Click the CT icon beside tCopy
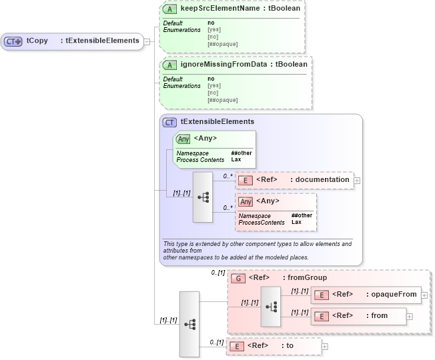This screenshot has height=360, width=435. click(13, 41)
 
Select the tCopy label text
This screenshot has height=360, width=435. click(37, 41)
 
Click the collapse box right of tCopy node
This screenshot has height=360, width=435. click(147, 41)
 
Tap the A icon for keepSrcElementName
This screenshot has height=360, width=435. click(171, 9)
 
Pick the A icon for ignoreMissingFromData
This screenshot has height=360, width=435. click(171, 65)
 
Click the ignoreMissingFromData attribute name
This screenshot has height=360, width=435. click(226, 65)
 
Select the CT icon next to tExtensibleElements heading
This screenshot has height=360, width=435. click(170, 123)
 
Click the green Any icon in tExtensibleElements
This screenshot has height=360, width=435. click(183, 139)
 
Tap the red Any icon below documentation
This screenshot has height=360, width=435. click(246, 201)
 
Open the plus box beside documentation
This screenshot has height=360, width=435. click(357, 180)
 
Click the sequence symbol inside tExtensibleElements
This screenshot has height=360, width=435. click(203, 197)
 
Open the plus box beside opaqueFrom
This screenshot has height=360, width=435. click(424, 295)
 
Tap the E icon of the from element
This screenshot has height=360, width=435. click(321, 316)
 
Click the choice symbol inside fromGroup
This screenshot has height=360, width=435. click(271, 306)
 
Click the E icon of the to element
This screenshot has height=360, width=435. click(236, 346)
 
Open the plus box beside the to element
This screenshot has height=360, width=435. click(325, 346)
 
